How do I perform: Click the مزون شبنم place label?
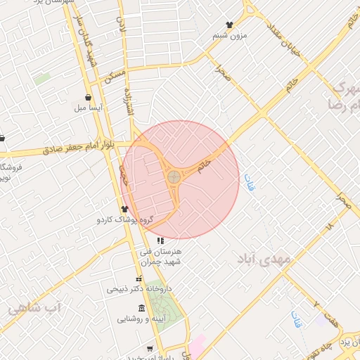tap(229, 35)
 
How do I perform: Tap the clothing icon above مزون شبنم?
tap(229, 25)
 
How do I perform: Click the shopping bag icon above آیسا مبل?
tap(88, 97)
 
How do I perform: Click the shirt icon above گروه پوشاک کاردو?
tap(125, 209)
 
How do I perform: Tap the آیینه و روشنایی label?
tap(142, 319)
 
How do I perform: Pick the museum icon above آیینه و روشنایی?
tap(142, 308)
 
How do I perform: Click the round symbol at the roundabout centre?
tap(173, 175)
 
